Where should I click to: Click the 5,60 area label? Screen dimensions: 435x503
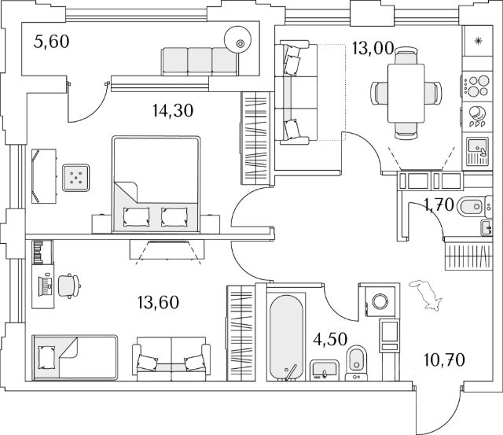pyautogui.click(x=53, y=42)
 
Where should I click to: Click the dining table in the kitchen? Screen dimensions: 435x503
pyautogui.click(x=406, y=91)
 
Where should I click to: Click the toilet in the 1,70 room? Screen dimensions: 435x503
pyautogui.click(x=469, y=208)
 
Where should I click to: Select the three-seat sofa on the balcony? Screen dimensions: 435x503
pyautogui.click(x=200, y=60)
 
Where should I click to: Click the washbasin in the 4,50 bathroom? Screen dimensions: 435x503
pyautogui.click(x=321, y=368)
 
